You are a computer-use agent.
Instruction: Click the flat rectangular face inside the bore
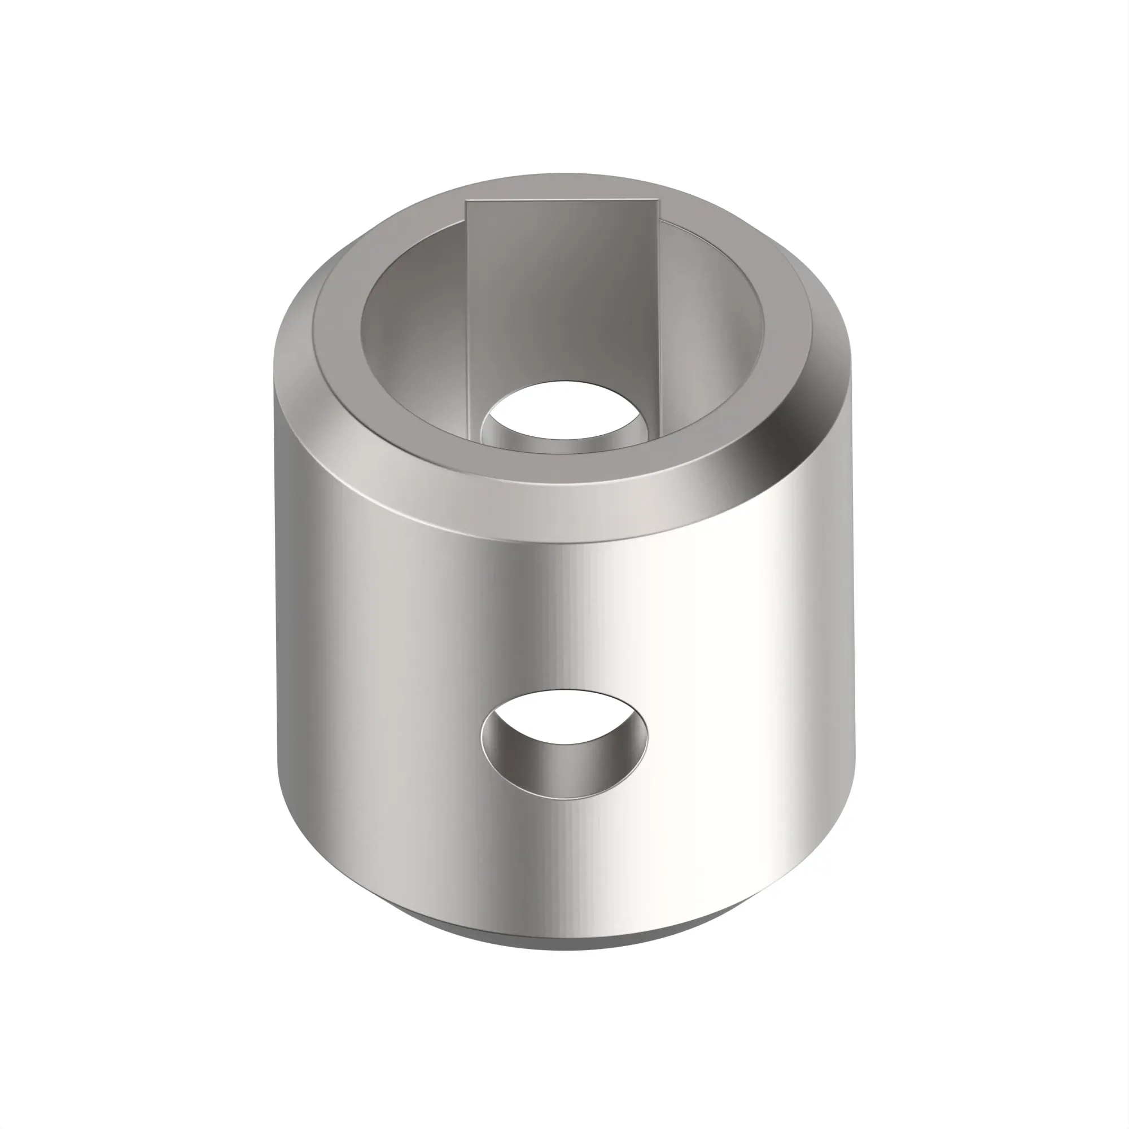click(x=561, y=292)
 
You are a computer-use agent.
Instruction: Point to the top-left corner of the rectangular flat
click(x=466, y=202)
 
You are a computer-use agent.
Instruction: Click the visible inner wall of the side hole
click(x=564, y=771)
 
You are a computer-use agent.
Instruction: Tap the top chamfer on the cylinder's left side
click(x=304, y=362)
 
